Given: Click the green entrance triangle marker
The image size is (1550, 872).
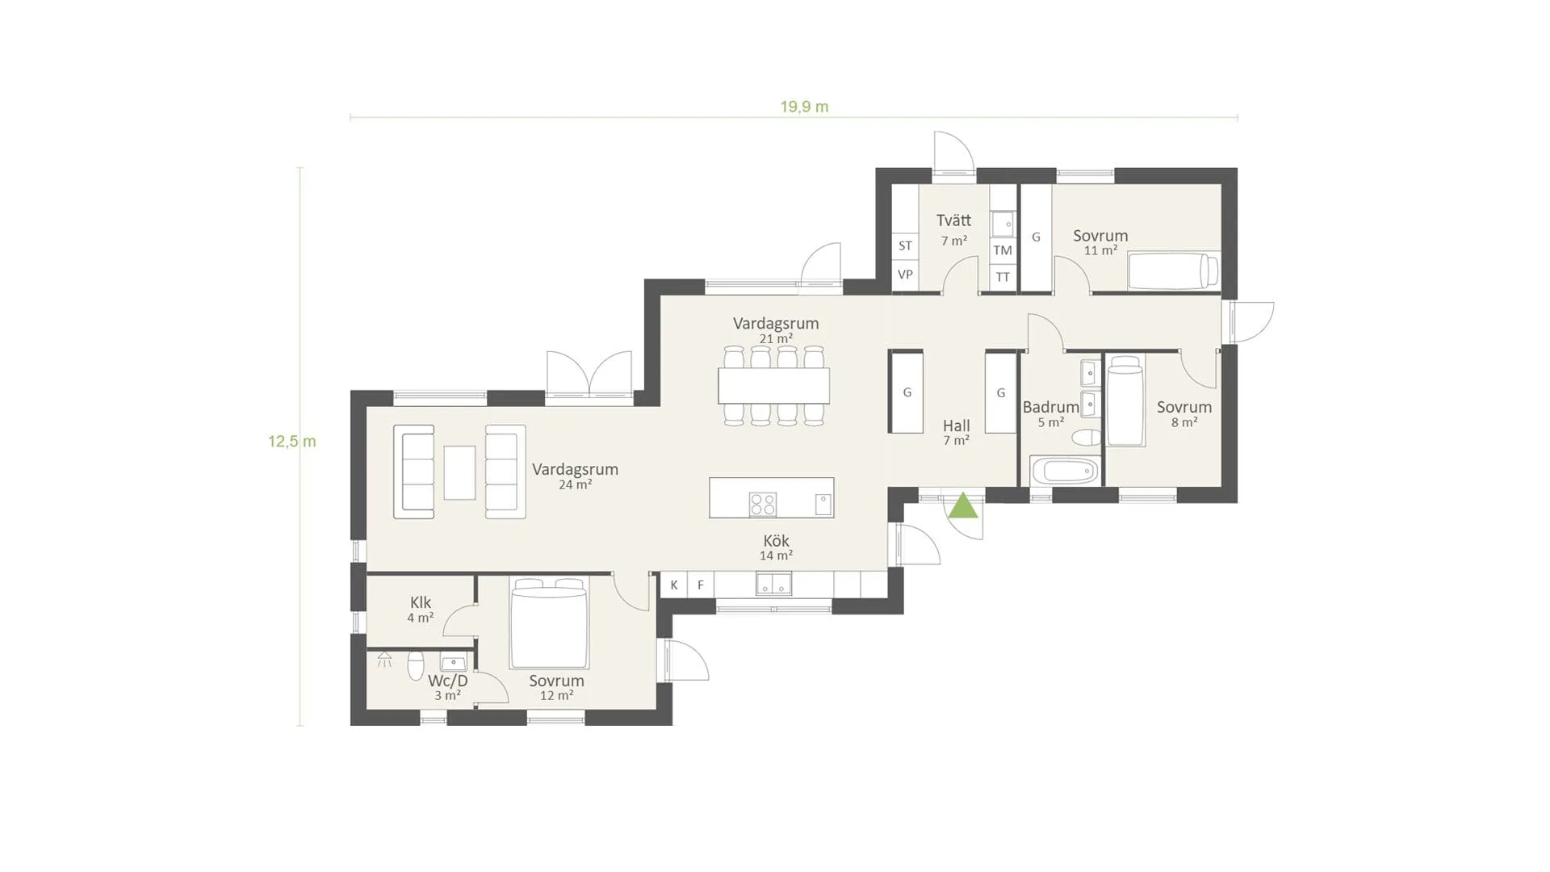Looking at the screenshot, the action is tap(963, 507).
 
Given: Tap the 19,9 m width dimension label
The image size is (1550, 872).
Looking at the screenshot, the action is tap(804, 107).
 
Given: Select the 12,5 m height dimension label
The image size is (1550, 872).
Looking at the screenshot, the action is tap(292, 442).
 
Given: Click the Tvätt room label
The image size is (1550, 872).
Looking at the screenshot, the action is tap(953, 220).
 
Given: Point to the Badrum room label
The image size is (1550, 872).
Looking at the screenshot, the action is tap(1050, 407).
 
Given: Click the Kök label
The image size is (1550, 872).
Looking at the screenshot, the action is tap(776, 541).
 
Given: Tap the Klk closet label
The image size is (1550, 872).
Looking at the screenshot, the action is tap(421, 602).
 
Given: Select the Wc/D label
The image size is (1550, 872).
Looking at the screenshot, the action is tap(448, 681).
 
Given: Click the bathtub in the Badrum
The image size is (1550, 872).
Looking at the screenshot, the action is tap(1064, 471).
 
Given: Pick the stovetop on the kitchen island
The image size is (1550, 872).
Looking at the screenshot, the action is tap(763, 505).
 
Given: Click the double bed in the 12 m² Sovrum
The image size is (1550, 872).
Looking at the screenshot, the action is tap(549, 623).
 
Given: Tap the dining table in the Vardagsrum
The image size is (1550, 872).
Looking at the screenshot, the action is tap(774, 385).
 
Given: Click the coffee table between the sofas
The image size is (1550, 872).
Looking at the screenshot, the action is tap(459, 472).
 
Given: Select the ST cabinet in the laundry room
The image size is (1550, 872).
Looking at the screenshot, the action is tap(905, 245).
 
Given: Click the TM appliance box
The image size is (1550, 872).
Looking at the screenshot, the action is tap(1003, 250).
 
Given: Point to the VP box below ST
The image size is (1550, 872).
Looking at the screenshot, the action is tap(905, 275).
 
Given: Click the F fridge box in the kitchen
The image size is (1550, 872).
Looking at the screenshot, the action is tap(701, 585).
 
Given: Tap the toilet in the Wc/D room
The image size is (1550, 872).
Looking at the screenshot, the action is tap(416, 665).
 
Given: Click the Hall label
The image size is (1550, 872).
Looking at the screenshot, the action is tap(957, 426).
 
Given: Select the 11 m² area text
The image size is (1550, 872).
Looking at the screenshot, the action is tap(1100, 250).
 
